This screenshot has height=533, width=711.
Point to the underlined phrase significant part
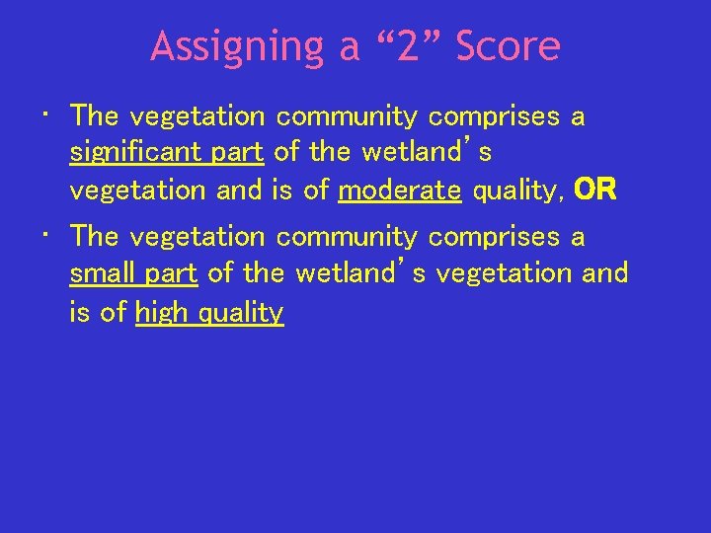[x=167, y=153]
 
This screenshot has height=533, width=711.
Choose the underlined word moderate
[x=400, y=190]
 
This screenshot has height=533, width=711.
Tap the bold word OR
[x=595, y=190]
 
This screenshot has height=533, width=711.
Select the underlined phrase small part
[x=133, y=273]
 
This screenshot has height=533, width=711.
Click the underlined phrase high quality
[x=209, y=313]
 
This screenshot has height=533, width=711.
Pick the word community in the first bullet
[x=347, y=116]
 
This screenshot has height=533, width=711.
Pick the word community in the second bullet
[x=347, y=237]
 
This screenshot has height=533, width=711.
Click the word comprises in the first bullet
[x=494, y=116]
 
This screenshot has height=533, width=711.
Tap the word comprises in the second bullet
[x=494, y=237]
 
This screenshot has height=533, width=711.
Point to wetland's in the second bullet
[x=361, y=273]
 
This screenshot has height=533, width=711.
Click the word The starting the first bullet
[x=95, y=116]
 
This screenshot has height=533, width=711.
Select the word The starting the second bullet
[x=95, y=237]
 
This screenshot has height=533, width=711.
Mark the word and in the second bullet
[x=605, y=273]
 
